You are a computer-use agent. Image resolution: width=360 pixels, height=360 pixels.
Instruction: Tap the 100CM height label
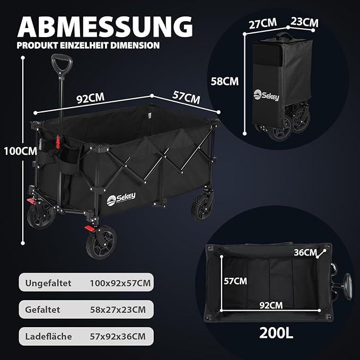point(20,151)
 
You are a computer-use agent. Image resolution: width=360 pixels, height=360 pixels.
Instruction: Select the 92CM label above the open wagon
point(90,99)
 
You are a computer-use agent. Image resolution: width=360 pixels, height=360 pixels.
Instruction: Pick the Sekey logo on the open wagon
point(121,198)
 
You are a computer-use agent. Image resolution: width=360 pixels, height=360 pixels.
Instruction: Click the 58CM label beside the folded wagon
point(225,81)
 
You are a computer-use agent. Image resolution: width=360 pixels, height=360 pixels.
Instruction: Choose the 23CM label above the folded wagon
point(304,22)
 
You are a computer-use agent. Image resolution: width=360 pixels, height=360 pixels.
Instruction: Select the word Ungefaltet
point(47,283)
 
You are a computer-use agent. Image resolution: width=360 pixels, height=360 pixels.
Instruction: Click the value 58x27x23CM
point(117,309)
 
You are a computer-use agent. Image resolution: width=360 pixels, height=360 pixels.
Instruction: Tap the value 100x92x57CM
point(120,283)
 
